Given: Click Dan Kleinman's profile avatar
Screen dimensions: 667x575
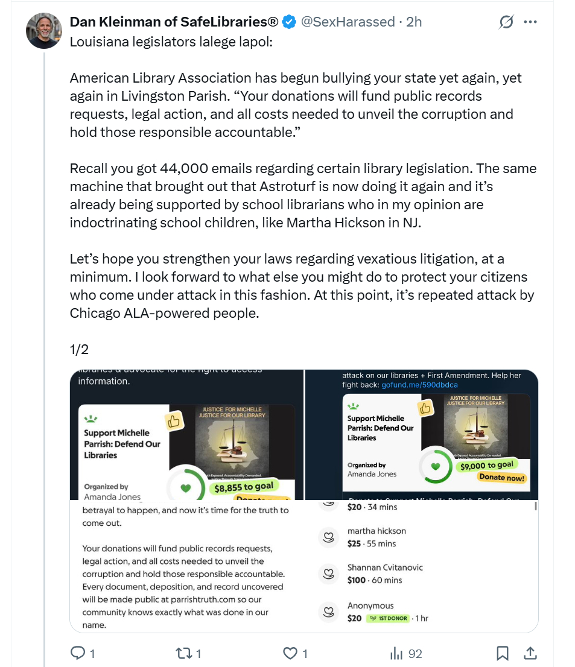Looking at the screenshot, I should pos(44,30).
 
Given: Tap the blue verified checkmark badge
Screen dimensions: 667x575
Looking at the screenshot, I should pos(290,22).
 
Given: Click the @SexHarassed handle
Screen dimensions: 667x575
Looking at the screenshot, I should pos(348,22).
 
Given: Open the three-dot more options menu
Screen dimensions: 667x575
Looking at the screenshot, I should pos(530,22).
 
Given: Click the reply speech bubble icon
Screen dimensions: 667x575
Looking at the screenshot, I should pos(78,653).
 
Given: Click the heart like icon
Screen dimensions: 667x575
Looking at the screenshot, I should pos(290,653).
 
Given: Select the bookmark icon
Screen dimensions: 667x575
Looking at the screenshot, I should pos(502,653).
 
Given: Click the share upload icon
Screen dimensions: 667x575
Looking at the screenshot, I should pos(530,653).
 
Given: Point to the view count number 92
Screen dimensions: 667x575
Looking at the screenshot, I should pos(415,653).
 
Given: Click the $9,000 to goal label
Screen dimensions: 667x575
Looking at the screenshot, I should pos(486,465).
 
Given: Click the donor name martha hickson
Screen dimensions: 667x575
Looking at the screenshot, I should pos(376,531).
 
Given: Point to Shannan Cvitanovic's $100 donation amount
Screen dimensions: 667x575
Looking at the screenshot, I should pos(357,580).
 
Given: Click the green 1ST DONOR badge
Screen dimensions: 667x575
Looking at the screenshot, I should pos(388,618).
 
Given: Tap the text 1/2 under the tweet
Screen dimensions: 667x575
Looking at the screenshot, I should pos(79,350).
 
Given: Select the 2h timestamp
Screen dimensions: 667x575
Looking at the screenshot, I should pos(414,22).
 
